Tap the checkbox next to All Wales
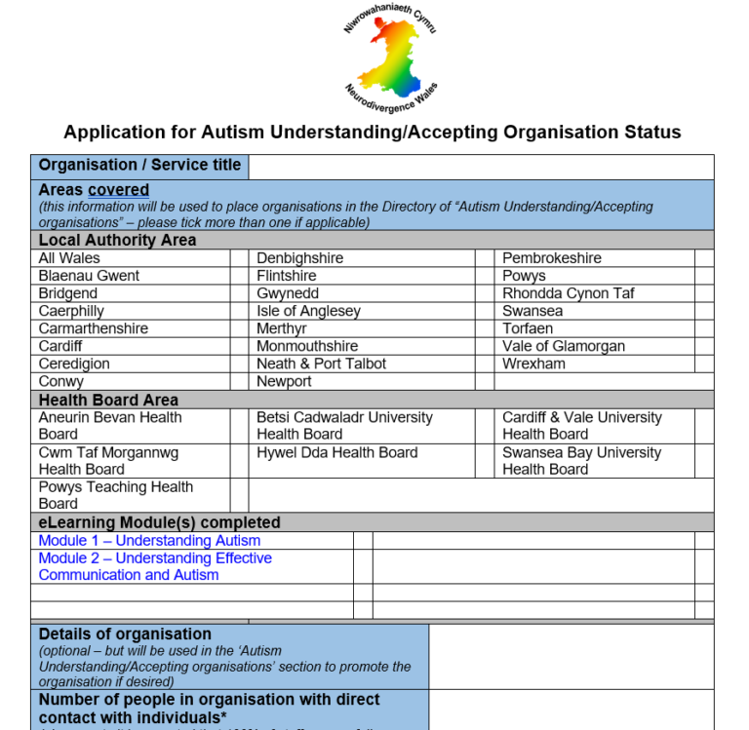point(239,258)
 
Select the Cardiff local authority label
point(60,346)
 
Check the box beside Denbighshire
point(485,258)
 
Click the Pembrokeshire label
point(551,258)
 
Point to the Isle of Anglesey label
point(308,311)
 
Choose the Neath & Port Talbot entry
point(321,364)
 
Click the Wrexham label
point(533,364)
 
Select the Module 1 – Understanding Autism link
point(149,540)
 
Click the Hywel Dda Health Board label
point(336,452)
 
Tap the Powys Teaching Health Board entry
point(115,495)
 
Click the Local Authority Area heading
point(117,240)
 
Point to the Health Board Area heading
point(108,400)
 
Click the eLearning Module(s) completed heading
point(159,522)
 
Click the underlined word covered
point(118,190)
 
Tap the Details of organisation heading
point(125,634)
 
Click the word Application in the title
point(110,133)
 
